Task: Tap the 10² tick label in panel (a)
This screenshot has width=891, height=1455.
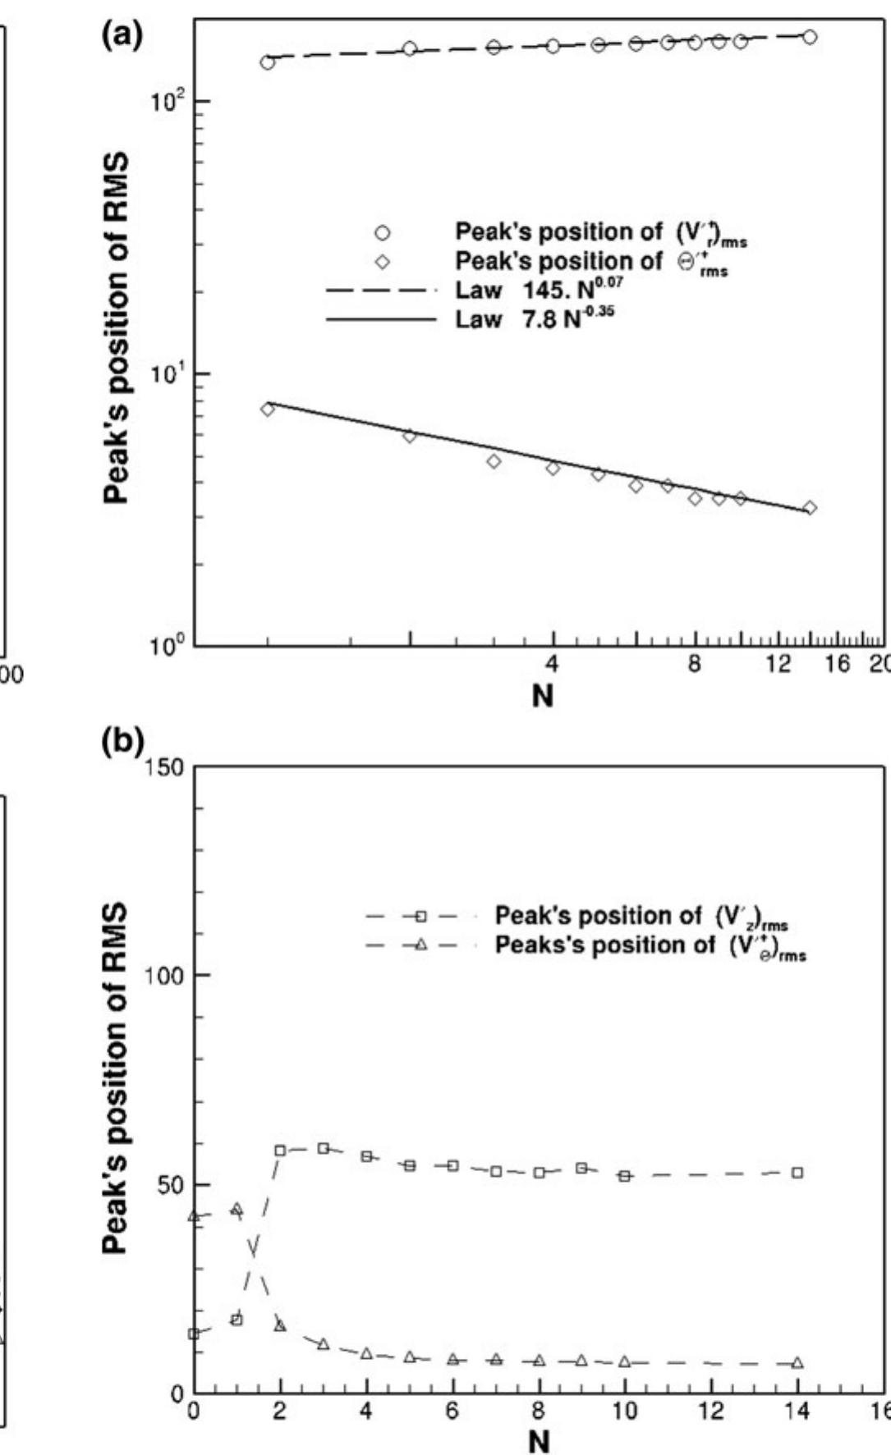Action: (x=168, y=99)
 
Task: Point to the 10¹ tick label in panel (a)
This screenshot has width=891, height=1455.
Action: (x=168, y=372)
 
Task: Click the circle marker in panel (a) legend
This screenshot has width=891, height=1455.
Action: (x=382, y=233)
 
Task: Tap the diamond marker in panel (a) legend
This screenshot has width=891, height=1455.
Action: (x=382, y=261)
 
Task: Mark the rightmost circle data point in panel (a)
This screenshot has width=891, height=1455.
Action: (x=810, y=37)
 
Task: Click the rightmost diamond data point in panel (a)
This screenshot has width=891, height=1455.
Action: (x=811, y=508)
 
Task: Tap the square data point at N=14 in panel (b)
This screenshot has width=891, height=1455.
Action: (x=797, y=1173)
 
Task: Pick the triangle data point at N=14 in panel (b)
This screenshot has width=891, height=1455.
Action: (x=797, y=1363)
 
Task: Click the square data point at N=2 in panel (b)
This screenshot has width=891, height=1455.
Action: (x=280, y=1150)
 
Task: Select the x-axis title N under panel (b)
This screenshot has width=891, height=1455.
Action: (x=539, y=1440)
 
